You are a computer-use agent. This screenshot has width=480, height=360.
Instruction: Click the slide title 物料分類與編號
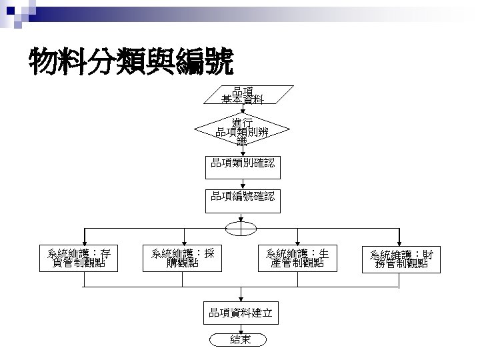click(x=131, y=63)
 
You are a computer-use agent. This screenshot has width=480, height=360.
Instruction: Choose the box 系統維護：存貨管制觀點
click(x=79, y=258)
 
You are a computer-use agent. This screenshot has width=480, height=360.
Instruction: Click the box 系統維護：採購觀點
click(x=182, y=258)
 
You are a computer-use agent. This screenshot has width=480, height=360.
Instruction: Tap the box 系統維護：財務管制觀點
click(x=399, y=258)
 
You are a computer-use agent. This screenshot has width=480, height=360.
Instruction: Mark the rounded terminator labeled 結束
click(x=241, y=340)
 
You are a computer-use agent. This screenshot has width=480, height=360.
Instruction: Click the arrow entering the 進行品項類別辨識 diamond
click(x=243, y=113)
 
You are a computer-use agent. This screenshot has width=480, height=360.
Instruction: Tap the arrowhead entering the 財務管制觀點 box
click(x=399, y=241)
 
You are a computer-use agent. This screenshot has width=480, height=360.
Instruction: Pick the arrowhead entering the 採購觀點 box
click(x=182, y=241)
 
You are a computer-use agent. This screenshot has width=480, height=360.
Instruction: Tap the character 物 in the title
click(x=42, y=63)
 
